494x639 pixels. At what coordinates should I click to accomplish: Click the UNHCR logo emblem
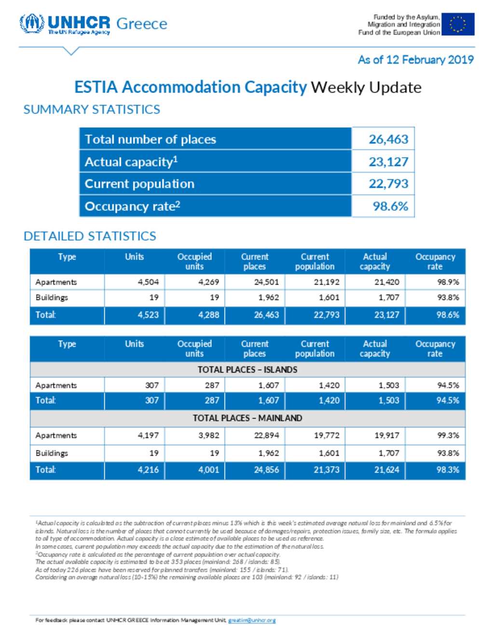tap(32, 24)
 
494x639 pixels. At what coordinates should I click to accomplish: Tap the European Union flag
tap(457, 24)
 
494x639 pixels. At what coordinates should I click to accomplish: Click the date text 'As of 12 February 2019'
tap(415, 60)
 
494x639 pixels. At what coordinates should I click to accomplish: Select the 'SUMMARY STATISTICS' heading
tap(92, 109)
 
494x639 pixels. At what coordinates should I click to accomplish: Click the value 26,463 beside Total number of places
tap(388, 139)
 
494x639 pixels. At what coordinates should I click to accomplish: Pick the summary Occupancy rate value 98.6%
tap(390, 206)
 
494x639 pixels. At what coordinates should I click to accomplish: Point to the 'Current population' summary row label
tap(139, 184)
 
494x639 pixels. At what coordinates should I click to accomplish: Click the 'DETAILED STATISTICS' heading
tap(90, 236)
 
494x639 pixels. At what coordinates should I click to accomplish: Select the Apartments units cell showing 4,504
tap(148, 282)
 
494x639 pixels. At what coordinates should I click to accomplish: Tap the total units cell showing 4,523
tap(148, 315)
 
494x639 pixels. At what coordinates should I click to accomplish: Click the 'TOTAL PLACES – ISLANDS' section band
tap(247, 370)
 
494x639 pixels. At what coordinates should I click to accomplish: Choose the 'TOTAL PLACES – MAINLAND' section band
tap(247, 418)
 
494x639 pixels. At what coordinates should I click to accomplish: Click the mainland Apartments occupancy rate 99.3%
tap(448, 435)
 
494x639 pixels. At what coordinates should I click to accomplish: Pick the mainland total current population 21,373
tap(327, 470)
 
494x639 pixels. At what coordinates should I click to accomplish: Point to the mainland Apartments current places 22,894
tap(266, 435)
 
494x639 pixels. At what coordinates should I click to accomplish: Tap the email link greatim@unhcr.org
tap(252, 620)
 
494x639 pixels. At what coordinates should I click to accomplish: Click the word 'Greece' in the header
tap(142, 24)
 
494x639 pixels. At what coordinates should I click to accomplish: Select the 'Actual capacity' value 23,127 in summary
tap(388, 162)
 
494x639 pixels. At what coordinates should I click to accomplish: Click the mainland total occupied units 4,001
tap(208, 470)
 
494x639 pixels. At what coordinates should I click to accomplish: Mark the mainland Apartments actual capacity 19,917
tap(387, 435)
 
